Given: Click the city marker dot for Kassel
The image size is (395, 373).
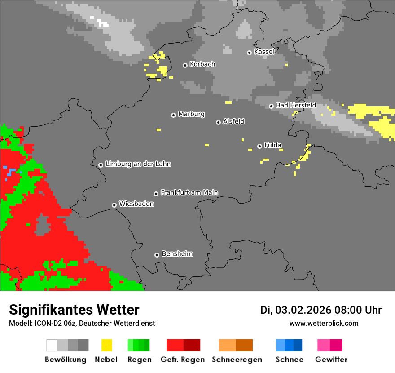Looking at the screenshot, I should coord(249,53).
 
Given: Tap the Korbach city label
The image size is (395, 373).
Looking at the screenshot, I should coord(202,64).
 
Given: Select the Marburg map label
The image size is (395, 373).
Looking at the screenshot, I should coord(191,114).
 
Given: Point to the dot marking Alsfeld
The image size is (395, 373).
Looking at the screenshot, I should coord(218,122).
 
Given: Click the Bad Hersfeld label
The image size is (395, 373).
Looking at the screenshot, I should coord(296,105).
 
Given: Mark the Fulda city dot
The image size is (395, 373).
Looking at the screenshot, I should coord(259,146).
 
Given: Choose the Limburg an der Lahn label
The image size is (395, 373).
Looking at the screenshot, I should coord(138,164).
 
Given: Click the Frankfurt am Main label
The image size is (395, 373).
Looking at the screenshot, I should coord(189,192).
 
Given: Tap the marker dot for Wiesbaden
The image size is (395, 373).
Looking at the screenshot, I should coord(114,205).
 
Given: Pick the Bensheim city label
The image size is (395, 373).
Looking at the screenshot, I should coord(177,254).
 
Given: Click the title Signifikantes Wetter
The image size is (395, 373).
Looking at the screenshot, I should coord(74,310).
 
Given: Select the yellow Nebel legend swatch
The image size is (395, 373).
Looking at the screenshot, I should coord(106,345).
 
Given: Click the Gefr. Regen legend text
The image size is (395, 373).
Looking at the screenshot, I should coord(183,360).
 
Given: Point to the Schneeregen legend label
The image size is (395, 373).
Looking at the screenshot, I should coord(237,360).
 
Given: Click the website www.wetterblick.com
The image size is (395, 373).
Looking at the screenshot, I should coord(324,324).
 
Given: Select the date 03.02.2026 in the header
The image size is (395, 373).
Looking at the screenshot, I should coord(303,310).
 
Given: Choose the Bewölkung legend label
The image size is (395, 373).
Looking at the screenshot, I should coord(66,360).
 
